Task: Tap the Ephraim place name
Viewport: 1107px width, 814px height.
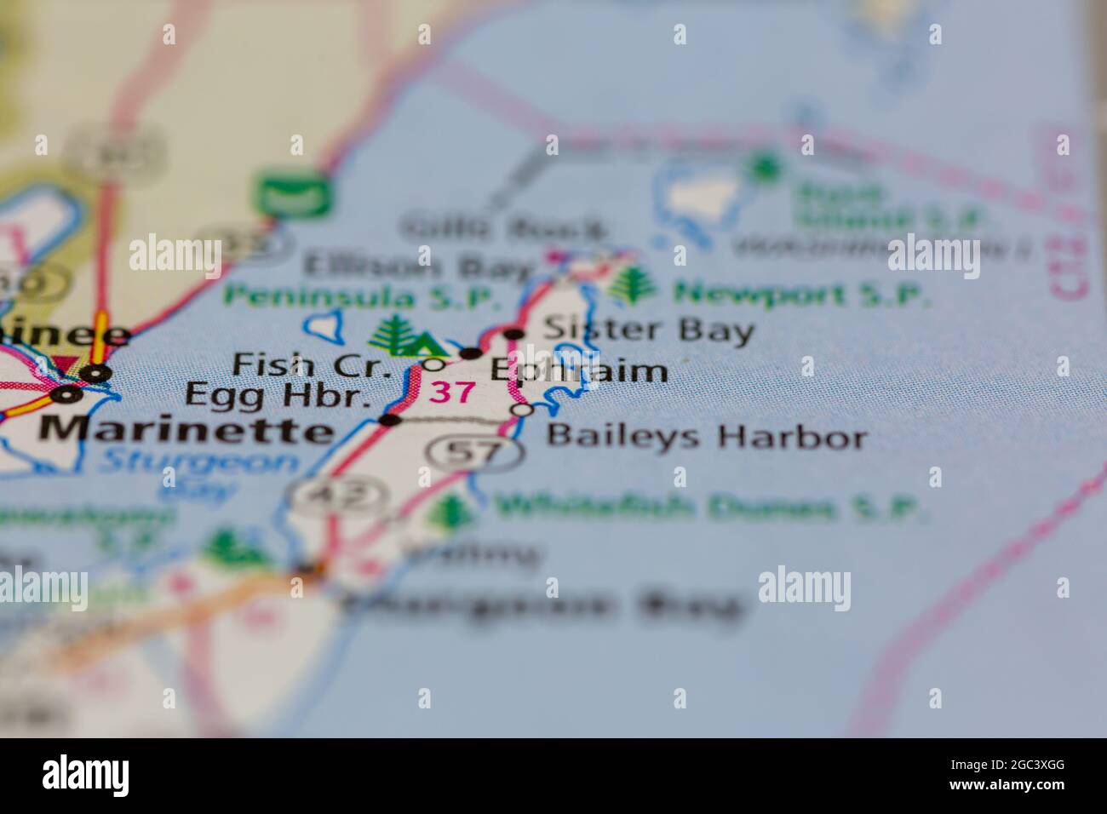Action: [577, 370]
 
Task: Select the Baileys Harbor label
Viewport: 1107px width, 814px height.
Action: [706, 438]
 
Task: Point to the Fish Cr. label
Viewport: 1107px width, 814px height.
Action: [312, 366]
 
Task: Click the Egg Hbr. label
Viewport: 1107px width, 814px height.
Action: [278, 396]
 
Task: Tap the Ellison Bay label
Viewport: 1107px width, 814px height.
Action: [417, 267]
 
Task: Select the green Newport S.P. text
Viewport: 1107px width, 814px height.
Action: [801, 295]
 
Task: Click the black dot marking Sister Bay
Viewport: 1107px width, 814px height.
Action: [513, 334]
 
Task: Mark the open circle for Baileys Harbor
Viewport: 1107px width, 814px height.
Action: [522, 410]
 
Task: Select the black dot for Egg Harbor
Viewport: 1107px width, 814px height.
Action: [389, 420]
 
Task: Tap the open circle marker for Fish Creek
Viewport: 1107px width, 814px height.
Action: [434, 364]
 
